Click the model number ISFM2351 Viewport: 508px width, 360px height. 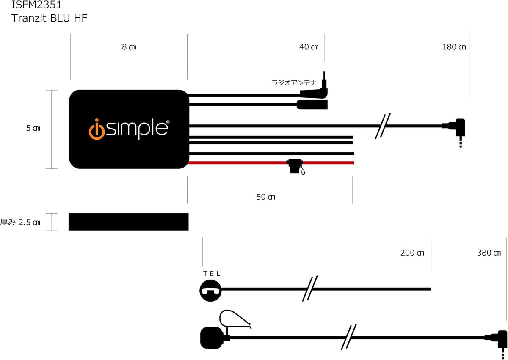pyautogui.click(x=36, y=5)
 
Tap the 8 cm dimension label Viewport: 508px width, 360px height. pyautogui.click(x=129, y=47)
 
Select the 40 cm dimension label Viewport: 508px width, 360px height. pyautogui.click(x=309, y=47)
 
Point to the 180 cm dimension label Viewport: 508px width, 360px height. pyautogui.click(x=454, y=47)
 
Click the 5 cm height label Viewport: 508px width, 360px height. pyautogui.click(x=33, y=128)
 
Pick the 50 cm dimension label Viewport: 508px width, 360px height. pyautogui.click(x=265, y=197)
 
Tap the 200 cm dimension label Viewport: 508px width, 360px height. pyautogui.click(x=412, y=253)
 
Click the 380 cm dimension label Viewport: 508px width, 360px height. pyautogui.click(x=489, y=253)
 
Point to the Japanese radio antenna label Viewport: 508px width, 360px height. pyautogui.click(x=294, y=83)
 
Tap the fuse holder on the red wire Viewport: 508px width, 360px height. pyautogui.click(x=295, y=166)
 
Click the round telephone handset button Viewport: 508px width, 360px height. pyautogui.click(x=210, y=291)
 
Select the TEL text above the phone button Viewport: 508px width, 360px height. pyautogui.click(x=212, y=274)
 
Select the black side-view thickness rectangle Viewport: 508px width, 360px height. pyautogui.click(x=128, y=222)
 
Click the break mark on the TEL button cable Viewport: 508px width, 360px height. pyautogui.click(x=310, y=289)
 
